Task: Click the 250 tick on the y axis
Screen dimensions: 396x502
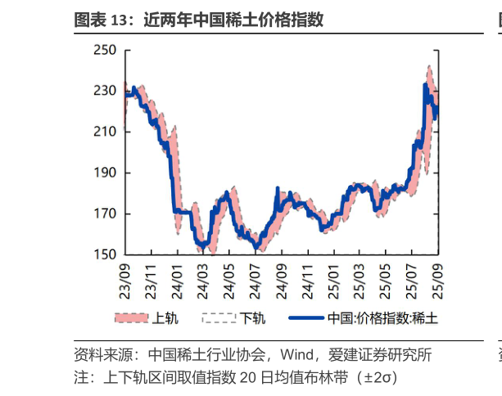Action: coord(106,51)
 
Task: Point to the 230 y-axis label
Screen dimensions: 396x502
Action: coord(106,92)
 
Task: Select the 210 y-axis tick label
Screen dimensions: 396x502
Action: coord(106,133)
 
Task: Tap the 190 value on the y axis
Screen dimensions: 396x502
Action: coord(106,173)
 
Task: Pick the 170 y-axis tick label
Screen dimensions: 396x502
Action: coord(106,214)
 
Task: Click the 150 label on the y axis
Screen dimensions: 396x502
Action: coord(106,255)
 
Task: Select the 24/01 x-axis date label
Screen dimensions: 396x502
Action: coord(179,277)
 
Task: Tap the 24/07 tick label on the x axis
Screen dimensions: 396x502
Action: coord(256,277)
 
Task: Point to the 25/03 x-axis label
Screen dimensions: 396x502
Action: coord(360,277)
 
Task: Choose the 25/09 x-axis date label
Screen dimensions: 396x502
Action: coord(438,277)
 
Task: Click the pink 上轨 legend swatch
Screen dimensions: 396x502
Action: coord(131,317)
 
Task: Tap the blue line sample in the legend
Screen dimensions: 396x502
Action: coord(305,317)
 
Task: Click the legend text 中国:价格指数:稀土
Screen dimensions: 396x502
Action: coord(382,317)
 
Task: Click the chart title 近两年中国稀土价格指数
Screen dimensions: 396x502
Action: coord(233,20)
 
